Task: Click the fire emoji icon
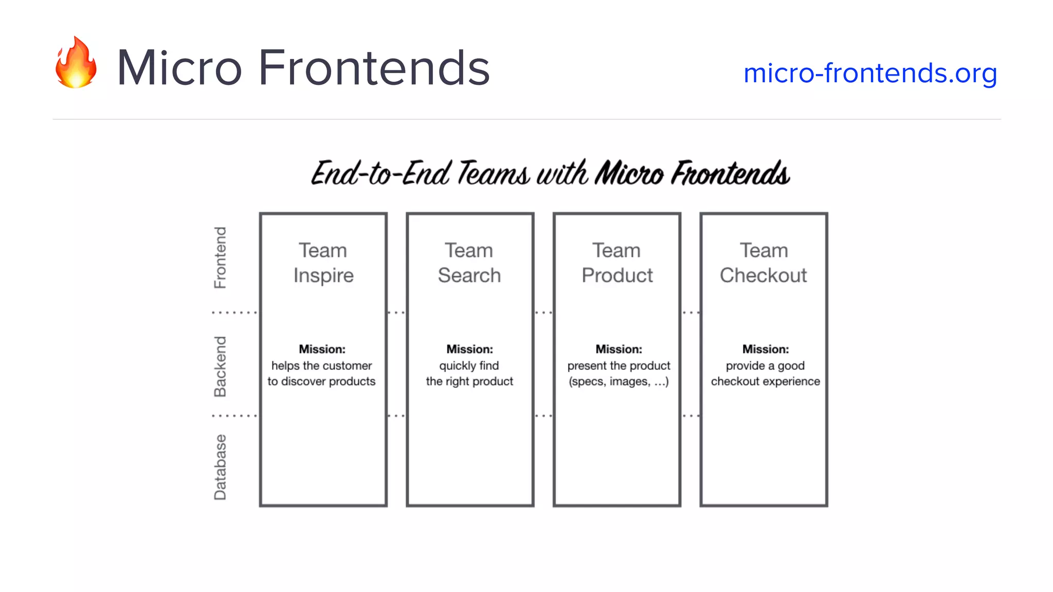pyautogui.click(x=76, y=63)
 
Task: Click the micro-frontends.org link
pyautogui.click(x=870, y=73)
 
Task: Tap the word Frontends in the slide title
pyautogui.click(x=374, y=68)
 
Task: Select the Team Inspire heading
pyautogui.click(x=323, y=263)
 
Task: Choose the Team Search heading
pyautogui.click(x=469, y=263)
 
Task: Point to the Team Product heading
pyautogui.click(x=617, y=263)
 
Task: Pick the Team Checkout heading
pyautogui.click(x=764, y=263)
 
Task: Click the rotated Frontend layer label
pyautogui.click(x=220, y=257)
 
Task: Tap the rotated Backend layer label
pyautogui.click(x=220, y=366)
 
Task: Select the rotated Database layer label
pyautogui.click(x=220, y=467)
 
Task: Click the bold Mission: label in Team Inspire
pyautogui.click(x=322, y=349)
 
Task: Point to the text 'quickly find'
pyautogui.click(x=469, y=365)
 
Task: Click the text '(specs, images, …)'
pyautogui.click(x=619, y=381)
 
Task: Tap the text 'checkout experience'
pyautogui.click(x=765, y=381)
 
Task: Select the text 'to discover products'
pyautogui.click(x=321, y=381)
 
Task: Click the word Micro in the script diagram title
pyautogui.click(x=629, y=173)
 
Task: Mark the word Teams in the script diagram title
pyautogui.click(x=493, y=173)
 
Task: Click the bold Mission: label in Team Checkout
pyautogui.click(x=765, y=349)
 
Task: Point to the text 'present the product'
pyautogui.click(x=619, y=365)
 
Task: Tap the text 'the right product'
pyautogui.click(x=469, y=381)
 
